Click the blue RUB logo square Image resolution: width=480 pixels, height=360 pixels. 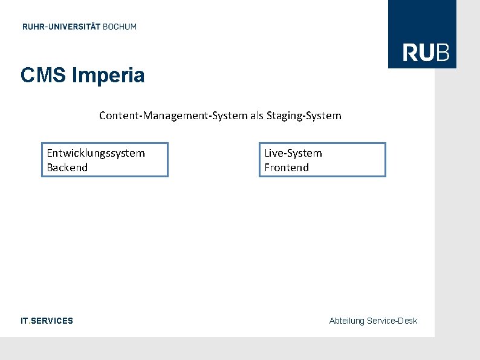(x=422, y=34)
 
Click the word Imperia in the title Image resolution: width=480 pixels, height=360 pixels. (x=108, y=76)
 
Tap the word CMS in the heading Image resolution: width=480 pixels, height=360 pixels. (x=44, y=76)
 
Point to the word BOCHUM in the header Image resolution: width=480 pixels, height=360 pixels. (x=120, y=27)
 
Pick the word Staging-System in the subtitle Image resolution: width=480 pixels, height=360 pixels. (x=304, y=116)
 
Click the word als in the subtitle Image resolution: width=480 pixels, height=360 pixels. (x=257, y=116)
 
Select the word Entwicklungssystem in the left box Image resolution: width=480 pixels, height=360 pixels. (x=96, y=153)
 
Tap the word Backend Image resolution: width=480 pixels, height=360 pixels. (x=67, y=168)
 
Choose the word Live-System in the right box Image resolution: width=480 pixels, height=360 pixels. (x=293, y=153)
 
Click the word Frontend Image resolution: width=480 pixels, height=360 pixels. (x=287, y=168)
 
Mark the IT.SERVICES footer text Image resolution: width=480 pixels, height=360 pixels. (x=47, y=321)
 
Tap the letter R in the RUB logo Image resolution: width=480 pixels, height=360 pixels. (x=410, y=53)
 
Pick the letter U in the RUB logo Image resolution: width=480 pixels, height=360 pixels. (x=427, y=53)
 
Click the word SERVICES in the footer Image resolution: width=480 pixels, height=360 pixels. (x=51, y=321)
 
